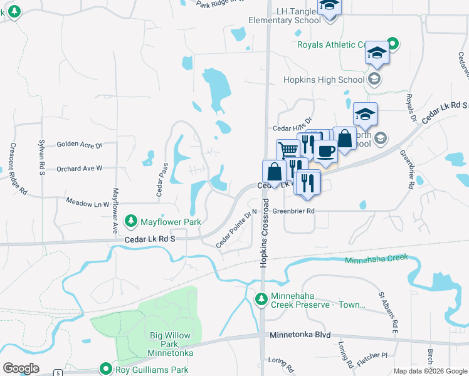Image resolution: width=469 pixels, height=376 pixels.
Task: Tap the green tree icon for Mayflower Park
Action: pyautogui.click(x=131, y=221)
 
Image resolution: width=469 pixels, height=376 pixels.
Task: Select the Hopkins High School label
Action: pyautogui.click(x=324, y=80)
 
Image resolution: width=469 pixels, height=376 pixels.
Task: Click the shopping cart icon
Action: pyautogui.click(x=288, y=150)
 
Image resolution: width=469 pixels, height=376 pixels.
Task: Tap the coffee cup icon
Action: pyautogui.click(x=325, y=150)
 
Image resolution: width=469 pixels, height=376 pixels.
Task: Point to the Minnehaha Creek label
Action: pyautogui.click(x=376, y=259)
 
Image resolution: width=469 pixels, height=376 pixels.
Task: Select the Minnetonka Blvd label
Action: pyautogui.click(x=300, y=335)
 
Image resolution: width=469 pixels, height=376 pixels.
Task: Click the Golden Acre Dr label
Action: pyautogui.click(x=79, y=145)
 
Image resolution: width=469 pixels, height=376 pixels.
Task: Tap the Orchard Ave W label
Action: pyautogui.click(x=79, y=169)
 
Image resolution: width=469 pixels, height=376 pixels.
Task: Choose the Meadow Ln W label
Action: pyautogui.click(x=88, y=203)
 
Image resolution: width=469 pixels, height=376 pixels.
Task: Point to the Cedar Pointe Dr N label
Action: pyautogui.click(x=237, y=228)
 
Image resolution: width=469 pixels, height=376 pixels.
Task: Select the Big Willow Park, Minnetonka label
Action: pyautogui.click(x=171, y=344)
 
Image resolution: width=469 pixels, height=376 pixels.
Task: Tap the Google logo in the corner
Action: pyautogui.click(x=21, y=368)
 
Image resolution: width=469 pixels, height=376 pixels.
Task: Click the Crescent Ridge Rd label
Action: pyautogui.click(x=18, y=169)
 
